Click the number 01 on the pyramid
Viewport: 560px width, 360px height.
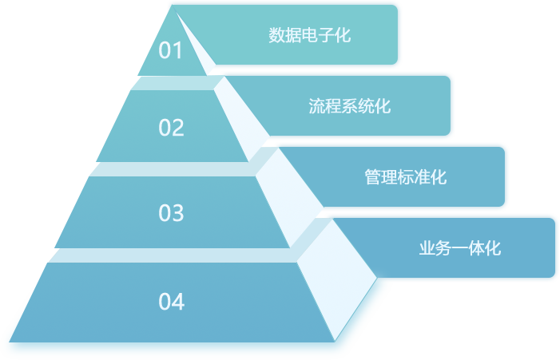coord(171,51)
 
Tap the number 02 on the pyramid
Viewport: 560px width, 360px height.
coord(171,128)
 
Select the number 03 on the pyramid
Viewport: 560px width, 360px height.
coord(171,213)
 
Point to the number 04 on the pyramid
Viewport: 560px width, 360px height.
coord(171,302)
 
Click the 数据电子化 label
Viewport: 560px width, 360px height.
coord(310,35)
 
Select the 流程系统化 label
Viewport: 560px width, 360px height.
coord(350,106)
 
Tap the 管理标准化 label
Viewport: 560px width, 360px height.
coord(406,177)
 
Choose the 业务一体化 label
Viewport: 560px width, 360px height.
coord(460,248)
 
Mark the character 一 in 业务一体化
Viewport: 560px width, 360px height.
coord(460,248)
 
